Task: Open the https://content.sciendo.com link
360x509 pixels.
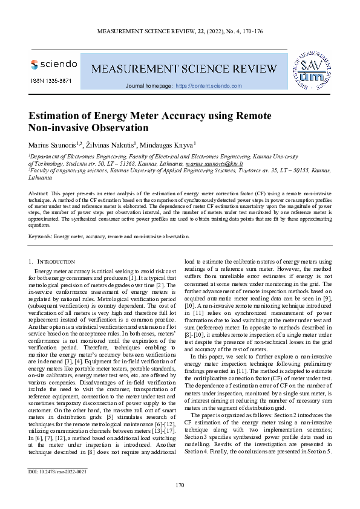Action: pos(209,86)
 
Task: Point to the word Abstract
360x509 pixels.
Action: pos(39,192)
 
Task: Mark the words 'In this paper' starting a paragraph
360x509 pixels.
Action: pos(209,357)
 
